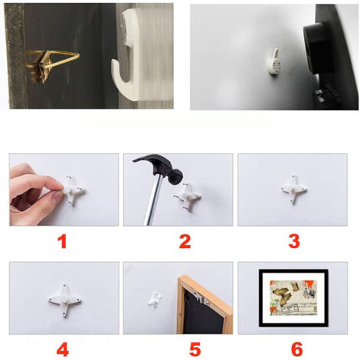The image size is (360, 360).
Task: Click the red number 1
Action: [x=62, y=242]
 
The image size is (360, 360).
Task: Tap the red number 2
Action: [x=185, y=242]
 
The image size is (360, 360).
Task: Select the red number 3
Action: [x=294, y=242]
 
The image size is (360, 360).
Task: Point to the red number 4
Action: [x=63, y=349]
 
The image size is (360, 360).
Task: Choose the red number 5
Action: [x=195, y=349]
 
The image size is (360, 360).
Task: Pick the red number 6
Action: [x=297, y=349]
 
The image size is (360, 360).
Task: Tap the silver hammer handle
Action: [x=152, y=199]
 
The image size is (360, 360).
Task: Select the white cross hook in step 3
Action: [x=294, y=189]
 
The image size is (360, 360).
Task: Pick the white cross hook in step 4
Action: [x=65, y=300]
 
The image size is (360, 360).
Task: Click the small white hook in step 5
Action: [x=155, y=299]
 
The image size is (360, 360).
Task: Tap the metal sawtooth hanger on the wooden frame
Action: [x=201, y=298]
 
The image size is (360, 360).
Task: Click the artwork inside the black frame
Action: [x=293, y=298]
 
